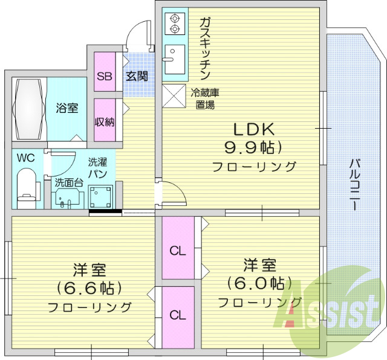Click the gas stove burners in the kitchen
[x=175, y=23]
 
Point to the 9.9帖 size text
[x=255, y=147]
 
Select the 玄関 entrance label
[x=136, y=77]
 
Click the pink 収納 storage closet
[x=105, y=121]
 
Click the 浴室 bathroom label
[x=67, y=109]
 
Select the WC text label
[x=25, y=158]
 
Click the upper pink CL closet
[x=178, y=248]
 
